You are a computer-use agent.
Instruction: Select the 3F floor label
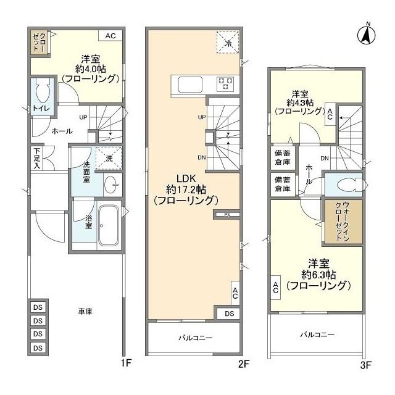366,365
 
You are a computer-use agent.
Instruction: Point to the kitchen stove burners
224,83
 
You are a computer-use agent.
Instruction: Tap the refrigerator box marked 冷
227,42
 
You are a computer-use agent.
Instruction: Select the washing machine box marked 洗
109,158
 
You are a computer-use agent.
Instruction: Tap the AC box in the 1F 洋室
110,36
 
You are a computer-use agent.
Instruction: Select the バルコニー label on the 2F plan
196,338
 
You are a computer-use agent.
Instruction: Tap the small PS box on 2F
227,215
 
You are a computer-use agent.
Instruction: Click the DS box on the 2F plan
229,314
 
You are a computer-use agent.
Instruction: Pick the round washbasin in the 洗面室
111,185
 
